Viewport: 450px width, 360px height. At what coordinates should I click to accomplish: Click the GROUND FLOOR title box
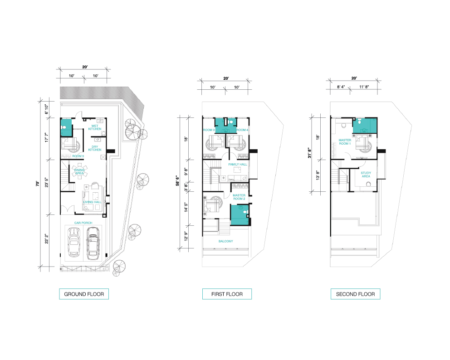click(x=84, y=294)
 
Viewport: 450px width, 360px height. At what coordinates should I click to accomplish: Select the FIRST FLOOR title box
click(x=227, y=294)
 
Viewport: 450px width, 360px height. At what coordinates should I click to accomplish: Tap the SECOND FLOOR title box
click(x=355, y=294)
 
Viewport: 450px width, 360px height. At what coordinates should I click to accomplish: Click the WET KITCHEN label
click(x=95, y=127)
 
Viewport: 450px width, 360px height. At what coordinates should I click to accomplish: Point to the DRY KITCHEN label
click(x=95, y=148)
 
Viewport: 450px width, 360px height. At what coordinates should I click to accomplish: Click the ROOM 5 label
click(x=78, y=156)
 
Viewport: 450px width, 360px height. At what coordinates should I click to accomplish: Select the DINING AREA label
click(x=79, y=171)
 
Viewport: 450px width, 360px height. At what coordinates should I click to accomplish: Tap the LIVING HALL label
click(x=92, y=202)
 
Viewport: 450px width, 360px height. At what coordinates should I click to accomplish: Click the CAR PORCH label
click(x=83, y=223)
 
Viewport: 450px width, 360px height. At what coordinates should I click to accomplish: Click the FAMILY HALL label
click(x=238, y=165)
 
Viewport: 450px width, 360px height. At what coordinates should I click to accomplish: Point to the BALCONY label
click(x=226, y=241)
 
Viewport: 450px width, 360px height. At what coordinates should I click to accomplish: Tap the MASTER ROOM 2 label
click(x=239, y=197)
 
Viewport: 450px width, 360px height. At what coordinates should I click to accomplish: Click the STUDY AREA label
click(x=366, y=175)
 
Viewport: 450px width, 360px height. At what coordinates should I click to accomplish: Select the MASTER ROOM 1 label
click(x=345, y=142)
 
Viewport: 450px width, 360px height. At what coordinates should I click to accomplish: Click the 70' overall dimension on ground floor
click(x=37, y=184)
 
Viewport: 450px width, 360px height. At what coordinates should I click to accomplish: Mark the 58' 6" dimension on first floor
click(x=178, y=181)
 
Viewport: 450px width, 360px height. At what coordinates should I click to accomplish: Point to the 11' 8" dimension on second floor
click(x=364, y=87)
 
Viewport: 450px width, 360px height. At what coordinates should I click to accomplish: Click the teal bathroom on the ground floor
click(x=66, y=127)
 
